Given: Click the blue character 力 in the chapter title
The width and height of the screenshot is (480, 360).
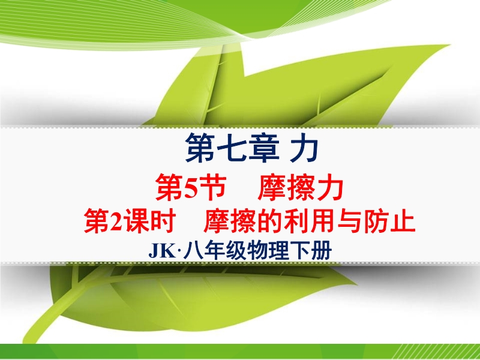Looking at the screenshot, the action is (x=304, y=148).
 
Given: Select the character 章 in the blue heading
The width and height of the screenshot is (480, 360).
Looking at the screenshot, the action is (x=263, y=148).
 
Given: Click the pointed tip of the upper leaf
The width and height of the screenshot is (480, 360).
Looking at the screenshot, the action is (x=449, y=46).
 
